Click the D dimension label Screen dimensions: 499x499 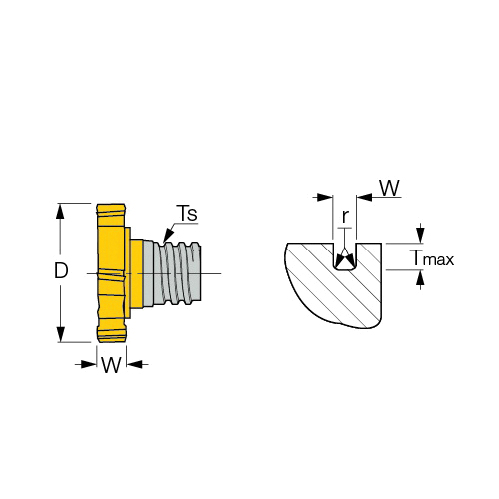61,270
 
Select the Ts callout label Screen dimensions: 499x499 188,213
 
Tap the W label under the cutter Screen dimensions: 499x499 111,365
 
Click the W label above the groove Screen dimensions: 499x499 389,188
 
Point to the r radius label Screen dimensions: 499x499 345,217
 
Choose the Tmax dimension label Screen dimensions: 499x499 431,257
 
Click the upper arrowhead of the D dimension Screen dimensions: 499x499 60,211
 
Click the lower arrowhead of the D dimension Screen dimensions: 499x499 60,334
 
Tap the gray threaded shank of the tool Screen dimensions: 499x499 173,273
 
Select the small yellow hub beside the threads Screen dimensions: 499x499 136,273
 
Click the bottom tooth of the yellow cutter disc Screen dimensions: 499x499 112,335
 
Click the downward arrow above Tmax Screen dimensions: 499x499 421,235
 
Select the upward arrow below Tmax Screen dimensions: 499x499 421,278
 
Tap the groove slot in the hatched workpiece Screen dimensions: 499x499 345,256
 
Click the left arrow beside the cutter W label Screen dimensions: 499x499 88,364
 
